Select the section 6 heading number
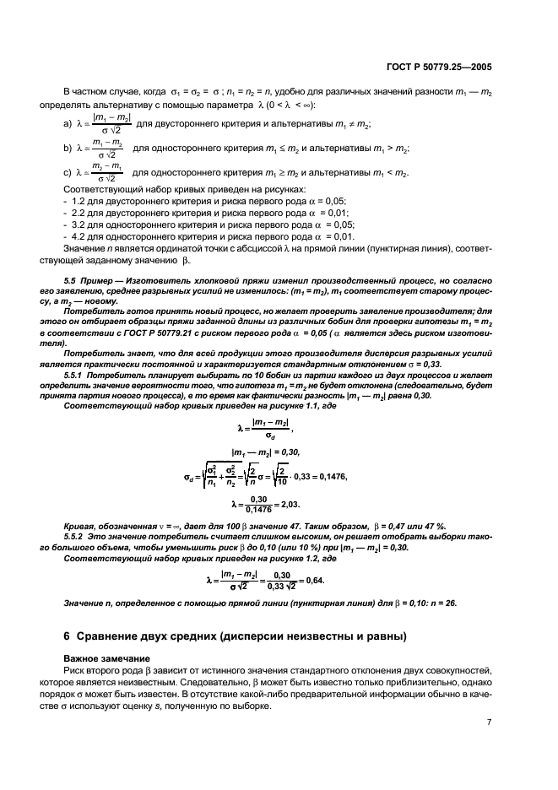[68, 636]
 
